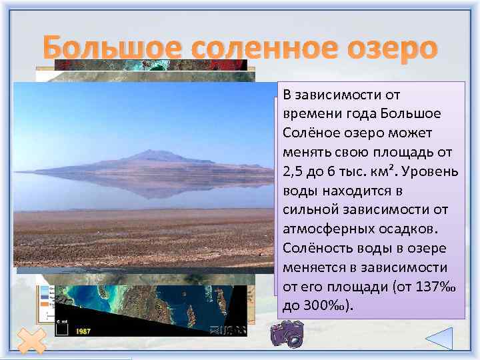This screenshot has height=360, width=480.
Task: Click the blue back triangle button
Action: pyautogui.click(x=439, y=340)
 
